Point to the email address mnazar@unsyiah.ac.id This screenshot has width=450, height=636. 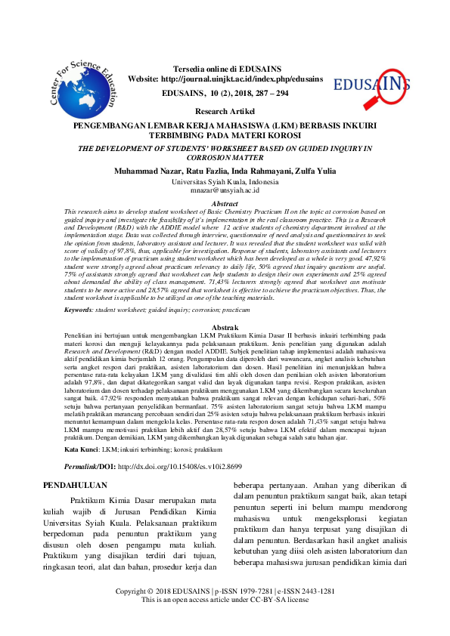225,192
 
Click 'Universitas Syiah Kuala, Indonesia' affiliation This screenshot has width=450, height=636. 225,183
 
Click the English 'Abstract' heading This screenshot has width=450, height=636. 225,204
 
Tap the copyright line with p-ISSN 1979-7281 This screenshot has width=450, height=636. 225,611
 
